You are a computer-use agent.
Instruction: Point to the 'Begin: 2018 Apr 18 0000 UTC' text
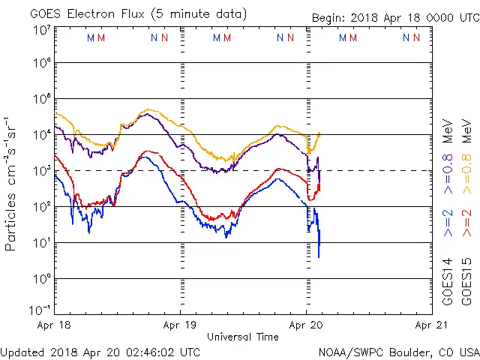point(395,18)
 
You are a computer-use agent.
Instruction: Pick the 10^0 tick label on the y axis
point(40,279)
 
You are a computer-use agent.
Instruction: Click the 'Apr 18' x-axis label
point(55,325)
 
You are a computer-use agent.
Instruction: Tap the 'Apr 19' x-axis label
point(181,325)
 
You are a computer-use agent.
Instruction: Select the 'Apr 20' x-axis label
point(306,325)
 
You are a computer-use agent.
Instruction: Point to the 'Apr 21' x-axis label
point(430,325)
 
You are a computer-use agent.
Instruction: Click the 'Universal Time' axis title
point(243,337)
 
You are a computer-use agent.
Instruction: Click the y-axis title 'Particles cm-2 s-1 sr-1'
point(11,184)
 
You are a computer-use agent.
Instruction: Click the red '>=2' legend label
point(466,223)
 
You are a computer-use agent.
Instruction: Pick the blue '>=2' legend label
point(448,223)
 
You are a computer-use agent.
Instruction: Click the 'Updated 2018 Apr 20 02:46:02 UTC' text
point(100,352)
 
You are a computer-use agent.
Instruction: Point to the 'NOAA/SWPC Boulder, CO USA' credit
point(398,352)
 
